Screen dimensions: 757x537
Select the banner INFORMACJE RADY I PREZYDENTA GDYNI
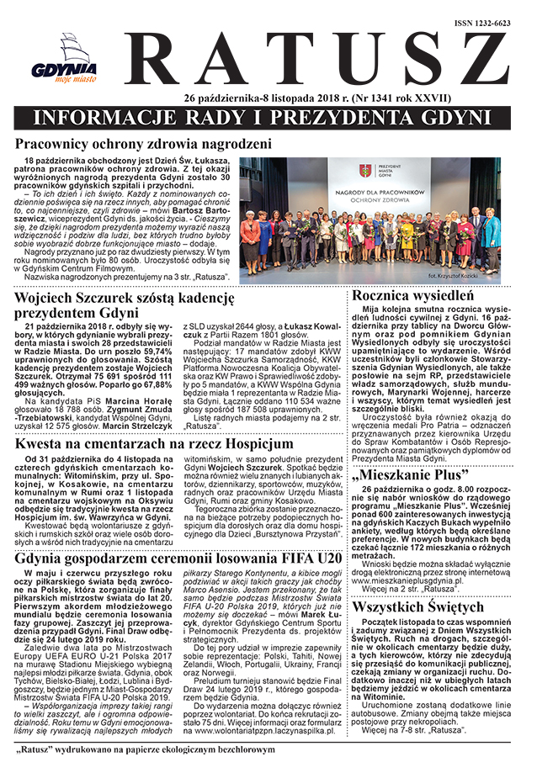tap(268, 115)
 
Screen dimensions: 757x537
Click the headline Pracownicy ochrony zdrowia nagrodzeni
tap(143, 145)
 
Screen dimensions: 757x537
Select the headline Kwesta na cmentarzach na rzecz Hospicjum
tap(154, 443)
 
